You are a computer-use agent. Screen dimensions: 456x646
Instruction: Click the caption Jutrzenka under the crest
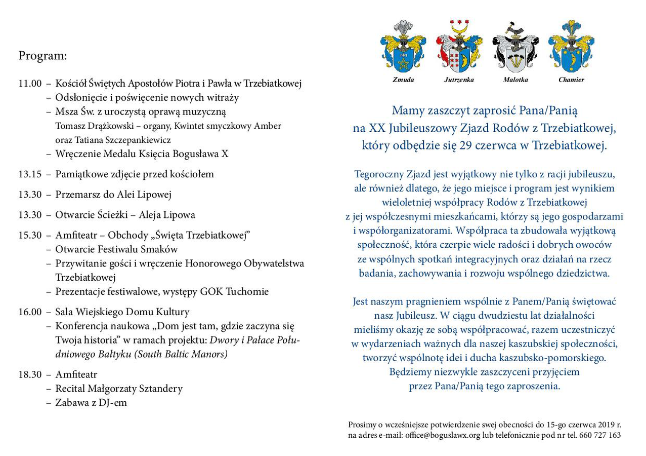click(459, 80)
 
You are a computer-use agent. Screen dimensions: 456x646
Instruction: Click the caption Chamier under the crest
click(571, 80)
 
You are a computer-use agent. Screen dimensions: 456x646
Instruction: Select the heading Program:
click(42, 56)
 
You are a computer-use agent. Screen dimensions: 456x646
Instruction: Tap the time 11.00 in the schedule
click(29, 83)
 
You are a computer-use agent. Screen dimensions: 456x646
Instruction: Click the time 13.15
click(29, 174)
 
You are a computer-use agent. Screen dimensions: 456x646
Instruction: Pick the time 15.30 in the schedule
click(29, 235)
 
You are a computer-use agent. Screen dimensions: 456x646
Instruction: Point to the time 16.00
click(29, 312)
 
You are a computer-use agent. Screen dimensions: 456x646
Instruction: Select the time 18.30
click(29, 375)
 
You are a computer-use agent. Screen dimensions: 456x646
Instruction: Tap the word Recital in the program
click(72, 389)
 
